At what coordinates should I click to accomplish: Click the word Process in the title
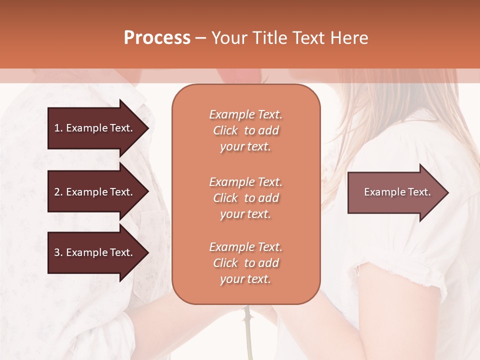[x=157, y=38]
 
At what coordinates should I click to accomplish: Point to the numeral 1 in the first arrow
[x=57, y=128]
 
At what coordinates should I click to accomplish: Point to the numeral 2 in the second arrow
[x=57, y=192]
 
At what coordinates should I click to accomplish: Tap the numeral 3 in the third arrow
[x=57, y=252]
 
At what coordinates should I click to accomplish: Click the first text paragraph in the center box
[x=245, y=130]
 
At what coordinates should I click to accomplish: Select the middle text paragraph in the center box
[x=245, y=197]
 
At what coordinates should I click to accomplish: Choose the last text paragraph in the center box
[x=245, y=263]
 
